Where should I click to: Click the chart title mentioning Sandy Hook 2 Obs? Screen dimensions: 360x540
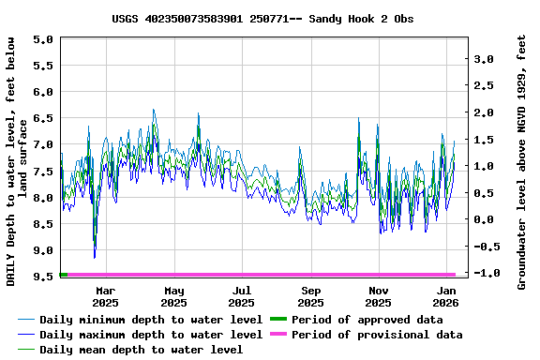(262, 19)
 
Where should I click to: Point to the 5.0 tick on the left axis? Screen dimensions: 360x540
(43, 39)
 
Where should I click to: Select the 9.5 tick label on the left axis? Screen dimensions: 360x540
(43, 277)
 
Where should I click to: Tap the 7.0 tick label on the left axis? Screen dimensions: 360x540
(43, 144)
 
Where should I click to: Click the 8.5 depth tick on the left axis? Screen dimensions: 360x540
(43, 224)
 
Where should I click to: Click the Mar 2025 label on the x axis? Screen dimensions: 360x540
(105, 296)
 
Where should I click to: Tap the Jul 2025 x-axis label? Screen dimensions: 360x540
(242, 296)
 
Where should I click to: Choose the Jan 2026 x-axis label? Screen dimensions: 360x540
(446, 296)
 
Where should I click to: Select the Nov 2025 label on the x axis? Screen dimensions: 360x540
(378, 296)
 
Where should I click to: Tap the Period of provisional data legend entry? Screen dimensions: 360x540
(376, 335)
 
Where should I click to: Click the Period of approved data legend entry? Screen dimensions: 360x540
(367, 320)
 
